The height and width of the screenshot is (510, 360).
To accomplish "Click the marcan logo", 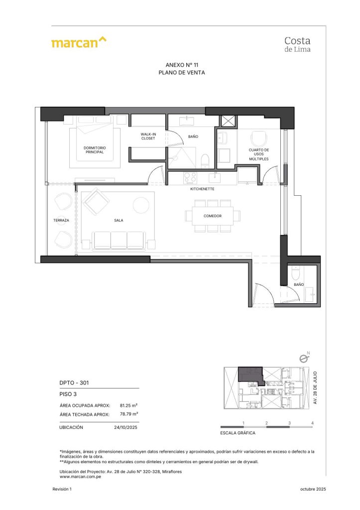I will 79,42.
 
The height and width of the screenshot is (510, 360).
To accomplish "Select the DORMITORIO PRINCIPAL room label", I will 95,150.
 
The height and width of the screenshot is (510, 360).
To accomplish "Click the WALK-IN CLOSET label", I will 148,136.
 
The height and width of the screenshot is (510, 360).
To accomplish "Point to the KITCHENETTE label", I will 202,189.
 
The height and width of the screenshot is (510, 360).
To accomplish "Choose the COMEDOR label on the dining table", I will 212,216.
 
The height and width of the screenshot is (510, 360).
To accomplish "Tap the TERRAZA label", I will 61,220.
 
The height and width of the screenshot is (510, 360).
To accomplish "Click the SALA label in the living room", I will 118,220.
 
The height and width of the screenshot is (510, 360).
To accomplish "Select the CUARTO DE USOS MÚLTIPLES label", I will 259,154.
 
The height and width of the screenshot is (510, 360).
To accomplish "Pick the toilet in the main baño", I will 204,160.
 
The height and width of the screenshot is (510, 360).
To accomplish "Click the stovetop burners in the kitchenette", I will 190,177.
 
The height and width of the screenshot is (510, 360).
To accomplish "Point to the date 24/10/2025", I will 125,427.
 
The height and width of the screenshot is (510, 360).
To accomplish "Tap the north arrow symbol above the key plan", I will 302,358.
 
